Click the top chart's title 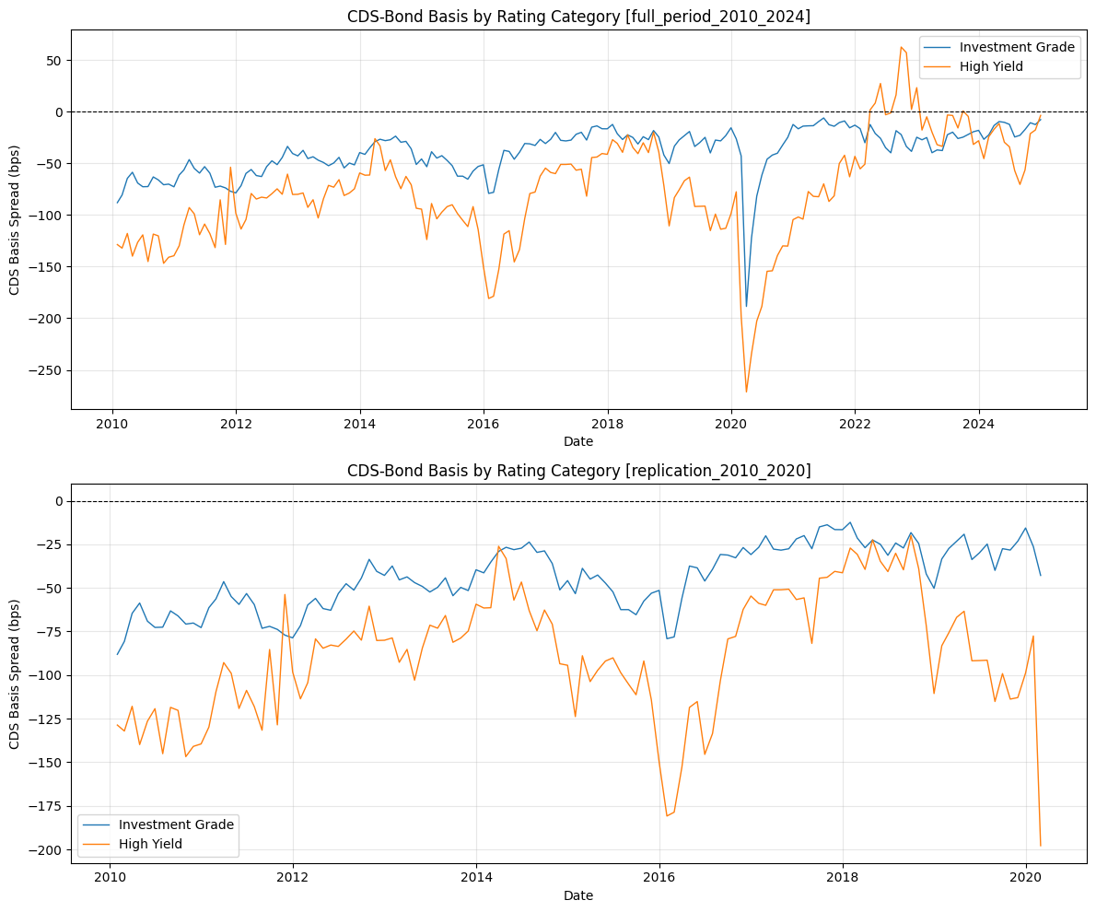pyautogui.click(x=578, y=16)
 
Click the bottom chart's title pyautogui.click(x=578, y=471)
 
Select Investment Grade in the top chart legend pyautogui.click(x=1016, y=47)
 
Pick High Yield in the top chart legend pyautogui.click(x=990, y=66)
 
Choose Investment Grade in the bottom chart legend pyautogui.click(x=176, y=824)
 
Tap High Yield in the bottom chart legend pyautogui.click(x=150, y=844)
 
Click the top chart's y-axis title pyautogui.click(x=15, y=219)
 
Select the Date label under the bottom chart pyautogui.click(x=578, y=895)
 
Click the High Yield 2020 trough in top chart pyautogui.click(x=747, y=392)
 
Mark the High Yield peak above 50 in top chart pyautogui.click(x=901, y=47)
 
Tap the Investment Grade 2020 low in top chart pyautogui.click(x=747, y=307)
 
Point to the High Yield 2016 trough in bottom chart pyautogui.click(x=667, y=815)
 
